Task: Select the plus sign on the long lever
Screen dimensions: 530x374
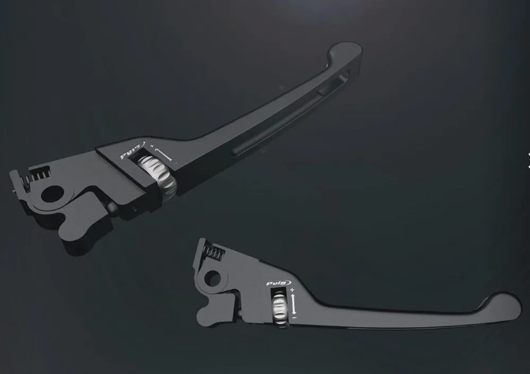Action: tap(152, 146)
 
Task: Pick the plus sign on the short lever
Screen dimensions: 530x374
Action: tap(293, 290)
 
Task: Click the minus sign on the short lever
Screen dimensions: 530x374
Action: tap(294, 317)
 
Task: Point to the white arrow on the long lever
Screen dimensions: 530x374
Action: tap(163, 154)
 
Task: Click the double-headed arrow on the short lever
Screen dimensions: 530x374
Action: tap(294, 304)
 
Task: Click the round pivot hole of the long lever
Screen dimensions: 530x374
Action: tap(52, 194)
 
